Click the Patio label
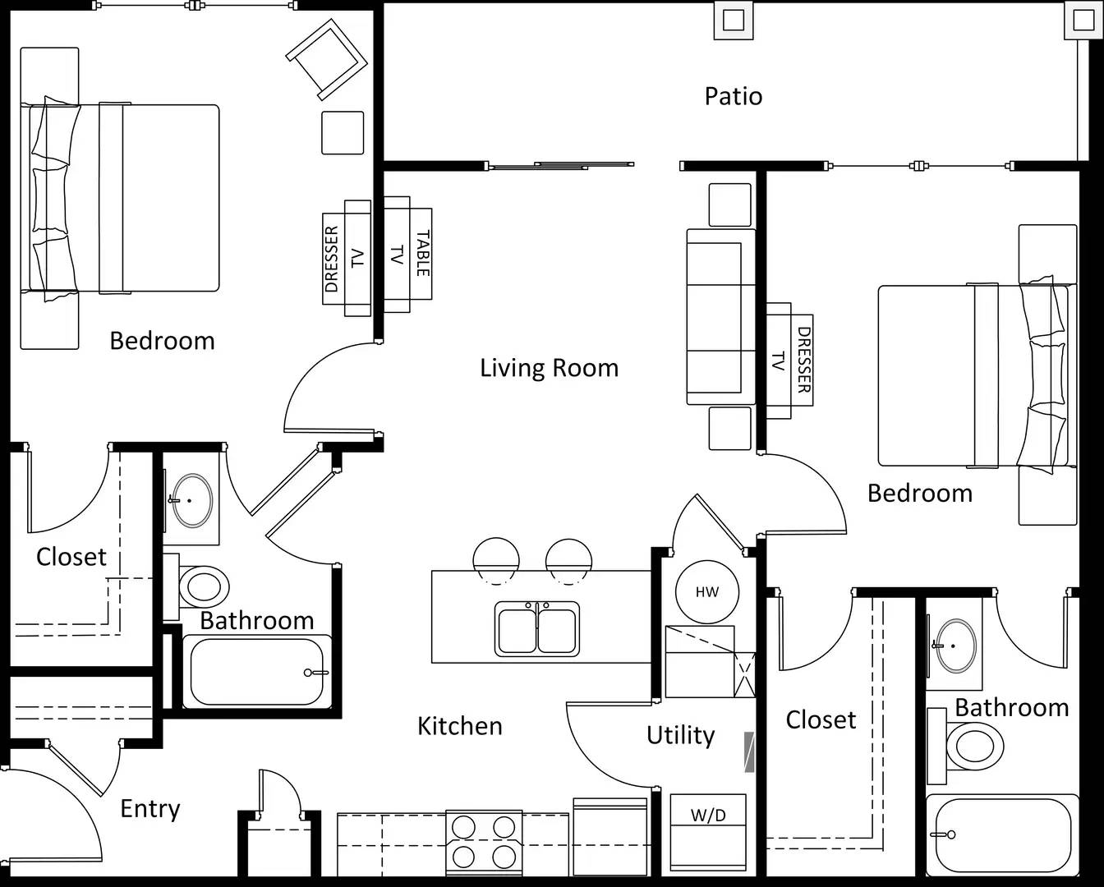coord(733,96)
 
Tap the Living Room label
coord(549,368)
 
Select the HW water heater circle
coord(707,592)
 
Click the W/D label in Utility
coord(708,816)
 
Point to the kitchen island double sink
coord(537,629)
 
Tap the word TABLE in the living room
coord(423,254)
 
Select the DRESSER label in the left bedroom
coord(332,259)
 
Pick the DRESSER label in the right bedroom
coord(804,360)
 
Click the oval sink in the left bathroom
coord(192,500)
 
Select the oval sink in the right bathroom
coord(957,646)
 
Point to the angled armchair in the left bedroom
coord(327,59)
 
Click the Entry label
coord(149,809)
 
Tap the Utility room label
coord(680,736)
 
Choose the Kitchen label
coord(460,726)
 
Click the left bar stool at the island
coord(496,561)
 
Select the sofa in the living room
coord(720,317)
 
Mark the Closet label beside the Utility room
coord(821,719)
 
